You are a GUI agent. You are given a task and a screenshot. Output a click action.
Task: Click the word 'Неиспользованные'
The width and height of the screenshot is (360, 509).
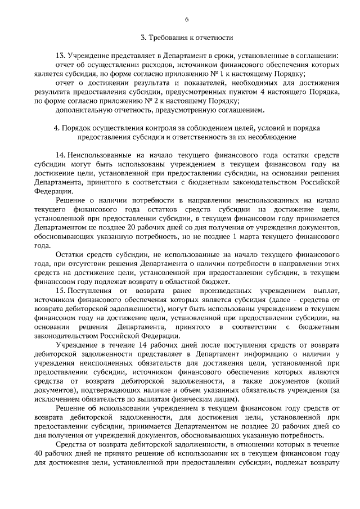point(99,155)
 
